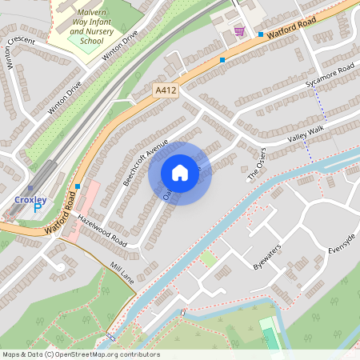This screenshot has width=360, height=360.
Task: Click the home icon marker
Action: coord(180,173)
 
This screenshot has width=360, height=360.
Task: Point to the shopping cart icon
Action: coord(239,31)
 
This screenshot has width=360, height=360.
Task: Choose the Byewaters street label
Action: coord(267,255)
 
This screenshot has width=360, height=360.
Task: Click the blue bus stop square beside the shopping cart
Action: coord(261,34)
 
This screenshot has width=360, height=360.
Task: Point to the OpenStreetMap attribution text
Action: coord(80,354)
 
